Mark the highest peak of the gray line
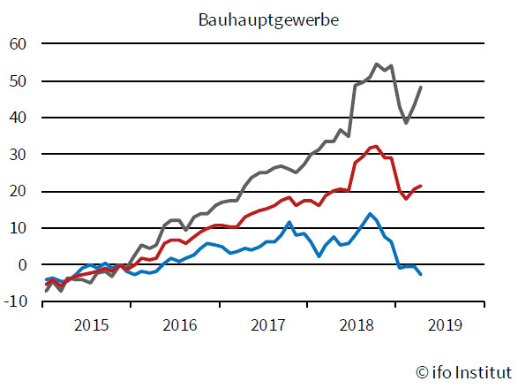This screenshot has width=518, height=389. tap(377, 64)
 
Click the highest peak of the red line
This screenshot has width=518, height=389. tap(376, 146)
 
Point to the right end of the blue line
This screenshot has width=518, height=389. tap(421, 275)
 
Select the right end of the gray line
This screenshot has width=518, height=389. tap(421, 87)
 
